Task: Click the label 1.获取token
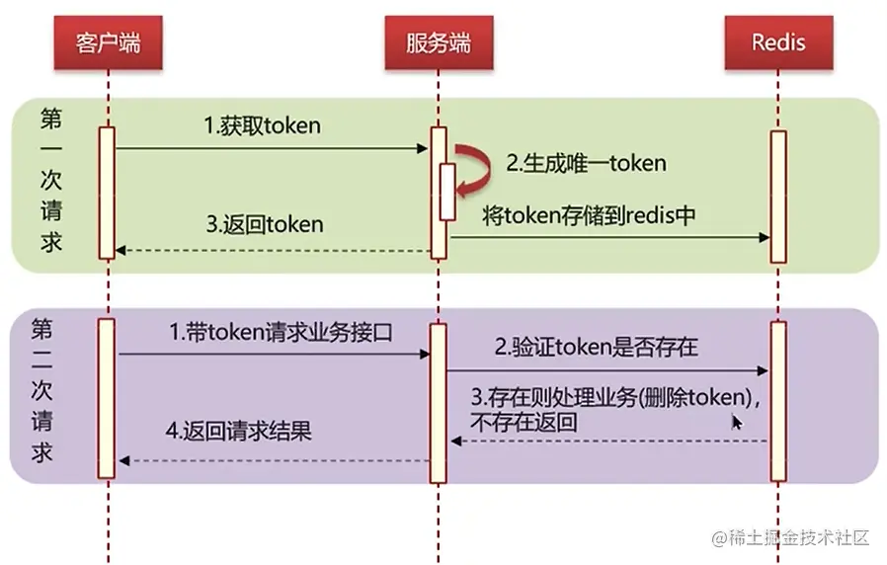(x=262, y=126)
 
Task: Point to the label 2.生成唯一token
(x=587, y=163)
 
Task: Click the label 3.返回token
(x=265, y=224)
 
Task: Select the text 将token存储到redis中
(x=590, y=216)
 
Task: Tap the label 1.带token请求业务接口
(x=282, y=333)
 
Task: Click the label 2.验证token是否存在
(x=597, y=347)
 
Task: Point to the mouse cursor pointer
(x=736, y=422)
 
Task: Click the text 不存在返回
(x=524, y=423)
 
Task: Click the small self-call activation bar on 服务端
(x=447, y=192)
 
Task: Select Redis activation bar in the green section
(x=778, y=197)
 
